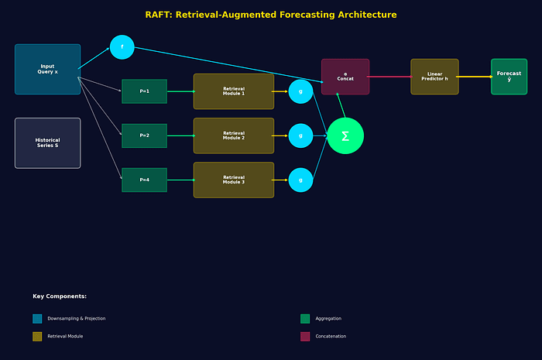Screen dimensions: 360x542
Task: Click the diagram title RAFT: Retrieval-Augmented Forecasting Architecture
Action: tap(271, 15)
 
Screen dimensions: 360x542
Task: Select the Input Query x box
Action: tap(47, 69)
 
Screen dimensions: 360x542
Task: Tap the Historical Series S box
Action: tap(47, 142)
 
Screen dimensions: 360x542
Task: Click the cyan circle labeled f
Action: tap(122, 47)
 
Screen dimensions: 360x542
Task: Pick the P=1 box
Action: tap(144, 91)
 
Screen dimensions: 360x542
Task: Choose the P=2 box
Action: tap(144, 135)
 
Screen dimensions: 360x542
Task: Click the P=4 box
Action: tap(144, 180)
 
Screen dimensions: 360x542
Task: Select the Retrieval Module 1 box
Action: tap(233, 91)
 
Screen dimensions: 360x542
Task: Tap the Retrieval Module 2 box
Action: tap(233, 135)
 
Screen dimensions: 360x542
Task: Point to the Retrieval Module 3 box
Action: tap(233, 180)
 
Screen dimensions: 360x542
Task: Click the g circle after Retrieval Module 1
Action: tap(300, 91)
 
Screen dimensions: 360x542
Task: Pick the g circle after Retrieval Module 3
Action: tap(300, 180)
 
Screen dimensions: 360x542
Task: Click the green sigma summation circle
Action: tap(345, 135)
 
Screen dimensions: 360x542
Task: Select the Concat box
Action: tap(345, 77)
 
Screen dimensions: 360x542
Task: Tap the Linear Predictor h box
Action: tap(434, 77)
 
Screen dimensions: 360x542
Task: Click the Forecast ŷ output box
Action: tap(509, 77)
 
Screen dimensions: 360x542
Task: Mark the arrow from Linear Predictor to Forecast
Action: tap(475, 77)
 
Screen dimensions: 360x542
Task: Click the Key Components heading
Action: tap(60, 296)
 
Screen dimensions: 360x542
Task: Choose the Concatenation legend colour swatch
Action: tap(305, 336)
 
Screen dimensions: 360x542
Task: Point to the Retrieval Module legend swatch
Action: tap(37, 336)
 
